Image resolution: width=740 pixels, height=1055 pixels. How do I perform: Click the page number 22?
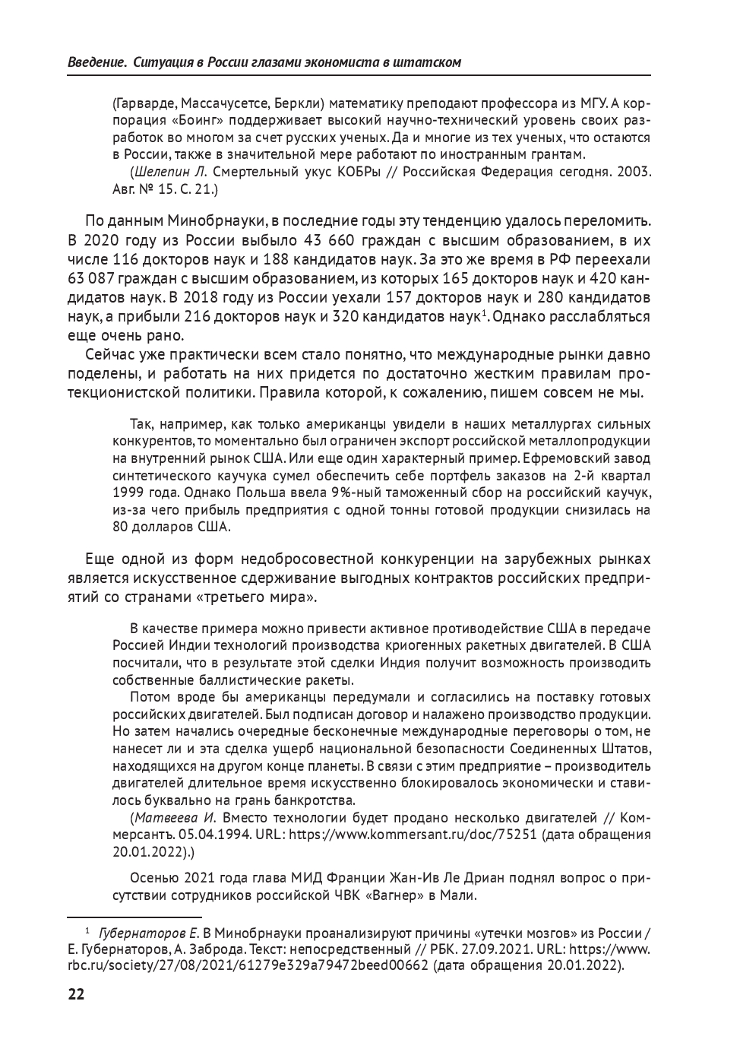[76, 995]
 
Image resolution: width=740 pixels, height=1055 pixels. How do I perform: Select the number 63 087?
[90, 278]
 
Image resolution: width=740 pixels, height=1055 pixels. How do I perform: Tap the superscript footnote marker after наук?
[482, 312]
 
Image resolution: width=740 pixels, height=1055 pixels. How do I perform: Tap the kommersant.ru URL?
[419, 835]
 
